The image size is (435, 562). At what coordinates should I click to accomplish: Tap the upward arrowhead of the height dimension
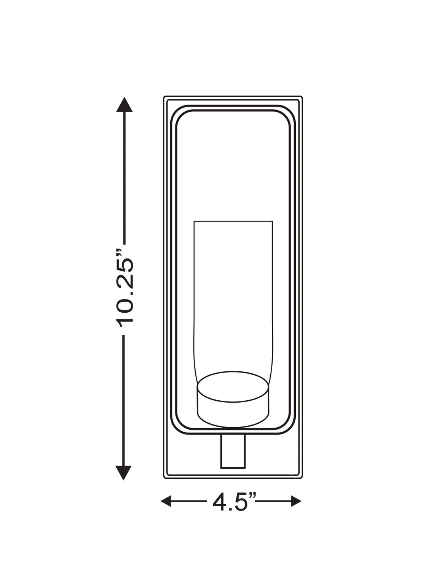point(124,105)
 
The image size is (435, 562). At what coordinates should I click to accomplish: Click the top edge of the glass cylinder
point(233,221)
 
